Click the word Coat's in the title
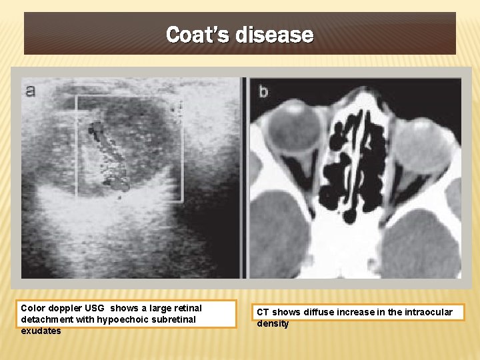tap(197, 34)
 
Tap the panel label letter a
tap(30, 91)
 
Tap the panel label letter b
tap(263, 91)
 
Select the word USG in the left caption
tap(97, 308)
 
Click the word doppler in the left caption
tap(66, 308)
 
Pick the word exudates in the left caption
tap(41, 331)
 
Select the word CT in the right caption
tap(263, 312)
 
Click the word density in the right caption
tap(273, 323)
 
